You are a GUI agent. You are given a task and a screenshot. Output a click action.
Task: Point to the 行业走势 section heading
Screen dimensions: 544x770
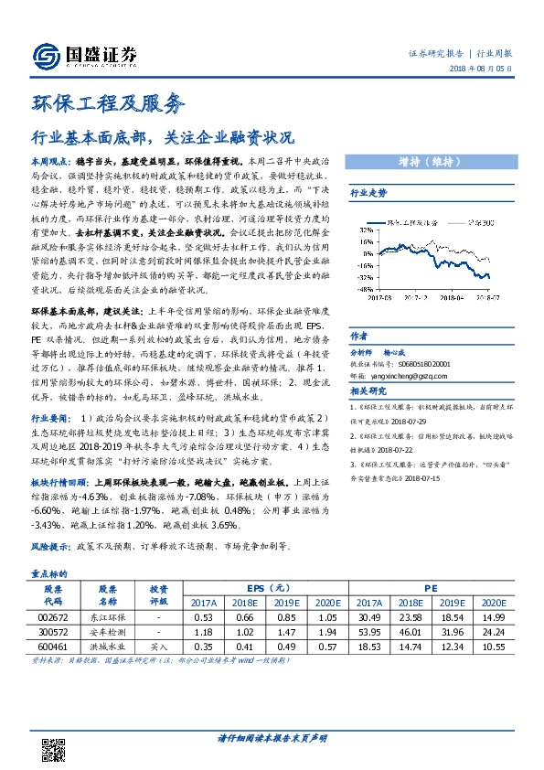[x=369, y=194]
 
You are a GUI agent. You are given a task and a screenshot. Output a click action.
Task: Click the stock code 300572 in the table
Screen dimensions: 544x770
[x=51, y=631]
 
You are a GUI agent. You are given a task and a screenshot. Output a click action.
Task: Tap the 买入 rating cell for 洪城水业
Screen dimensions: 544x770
[x=158, y=646]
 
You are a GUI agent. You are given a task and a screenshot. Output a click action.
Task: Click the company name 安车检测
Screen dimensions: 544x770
[x=108, y=631]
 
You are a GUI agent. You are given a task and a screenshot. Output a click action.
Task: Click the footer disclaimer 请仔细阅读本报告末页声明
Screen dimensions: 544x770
[x=272, y=738]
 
